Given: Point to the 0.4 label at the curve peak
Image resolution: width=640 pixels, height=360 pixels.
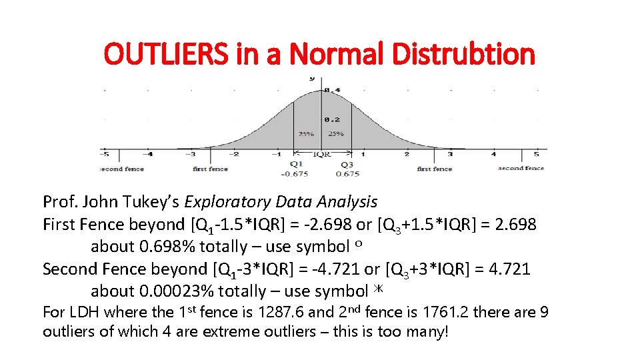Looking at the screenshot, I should pos(331,90).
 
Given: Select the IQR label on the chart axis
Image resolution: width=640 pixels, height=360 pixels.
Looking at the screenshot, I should pos(322,154).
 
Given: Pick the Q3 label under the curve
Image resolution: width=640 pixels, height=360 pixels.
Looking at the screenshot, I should pos(347,164).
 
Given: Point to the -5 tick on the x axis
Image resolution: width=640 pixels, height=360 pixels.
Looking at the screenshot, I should pos(105,154).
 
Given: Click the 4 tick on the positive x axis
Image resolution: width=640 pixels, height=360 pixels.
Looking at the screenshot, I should pos(493,154).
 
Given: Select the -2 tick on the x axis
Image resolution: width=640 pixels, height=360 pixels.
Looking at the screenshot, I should pos(234,154).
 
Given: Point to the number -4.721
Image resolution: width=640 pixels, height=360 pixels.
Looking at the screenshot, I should pos(321,269).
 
